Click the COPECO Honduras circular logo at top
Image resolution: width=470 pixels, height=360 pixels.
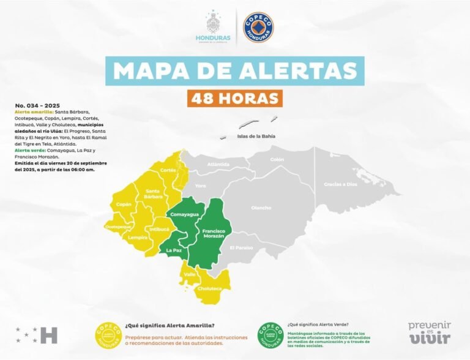(258, 28)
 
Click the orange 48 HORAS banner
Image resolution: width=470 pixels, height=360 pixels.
(235, 98)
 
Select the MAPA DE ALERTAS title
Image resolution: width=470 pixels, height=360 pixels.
(235, 71)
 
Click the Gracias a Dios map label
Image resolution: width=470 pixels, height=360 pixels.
(341, 184)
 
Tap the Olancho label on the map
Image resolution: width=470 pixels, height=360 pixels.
(261, 208)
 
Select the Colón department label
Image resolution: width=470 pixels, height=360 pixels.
(277, 160)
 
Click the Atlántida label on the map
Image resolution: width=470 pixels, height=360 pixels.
(218, 164)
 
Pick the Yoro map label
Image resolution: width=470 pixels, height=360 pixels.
(201, 186)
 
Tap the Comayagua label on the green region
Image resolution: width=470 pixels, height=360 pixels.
(185, 214)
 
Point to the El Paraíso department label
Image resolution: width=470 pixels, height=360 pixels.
(241, 247)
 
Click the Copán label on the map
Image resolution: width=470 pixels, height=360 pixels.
(124, 204)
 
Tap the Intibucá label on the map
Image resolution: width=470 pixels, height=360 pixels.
(159, 229)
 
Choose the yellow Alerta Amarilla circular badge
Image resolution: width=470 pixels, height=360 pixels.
(108, 334)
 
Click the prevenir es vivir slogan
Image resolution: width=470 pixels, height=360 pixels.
(430, 332)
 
